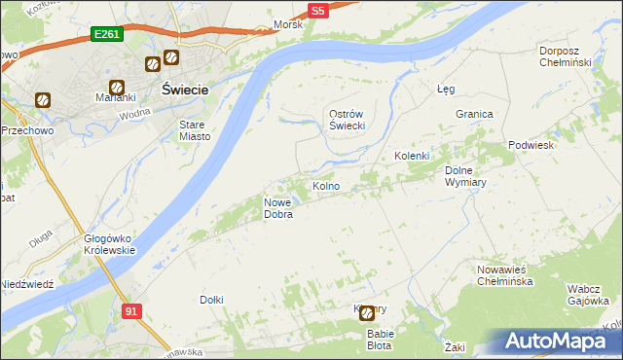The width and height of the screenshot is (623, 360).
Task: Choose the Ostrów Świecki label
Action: tap(345, 120)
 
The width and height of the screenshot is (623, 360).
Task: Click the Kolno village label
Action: tap(325, 186)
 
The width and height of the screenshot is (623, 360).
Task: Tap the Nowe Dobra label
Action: tap(279, 208)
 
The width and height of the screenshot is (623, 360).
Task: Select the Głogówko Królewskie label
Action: tap(109, 243)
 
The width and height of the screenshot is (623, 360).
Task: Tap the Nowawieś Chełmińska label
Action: tap(505, 275)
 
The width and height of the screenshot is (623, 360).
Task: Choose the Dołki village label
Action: tap(211, 300)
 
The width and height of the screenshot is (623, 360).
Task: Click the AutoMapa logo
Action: tap(560, 342)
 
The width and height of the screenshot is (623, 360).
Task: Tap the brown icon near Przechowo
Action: tap(43, 100)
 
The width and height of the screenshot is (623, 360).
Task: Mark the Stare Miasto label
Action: tap(195, 130)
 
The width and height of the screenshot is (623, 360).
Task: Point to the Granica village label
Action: tap(474, 114)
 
